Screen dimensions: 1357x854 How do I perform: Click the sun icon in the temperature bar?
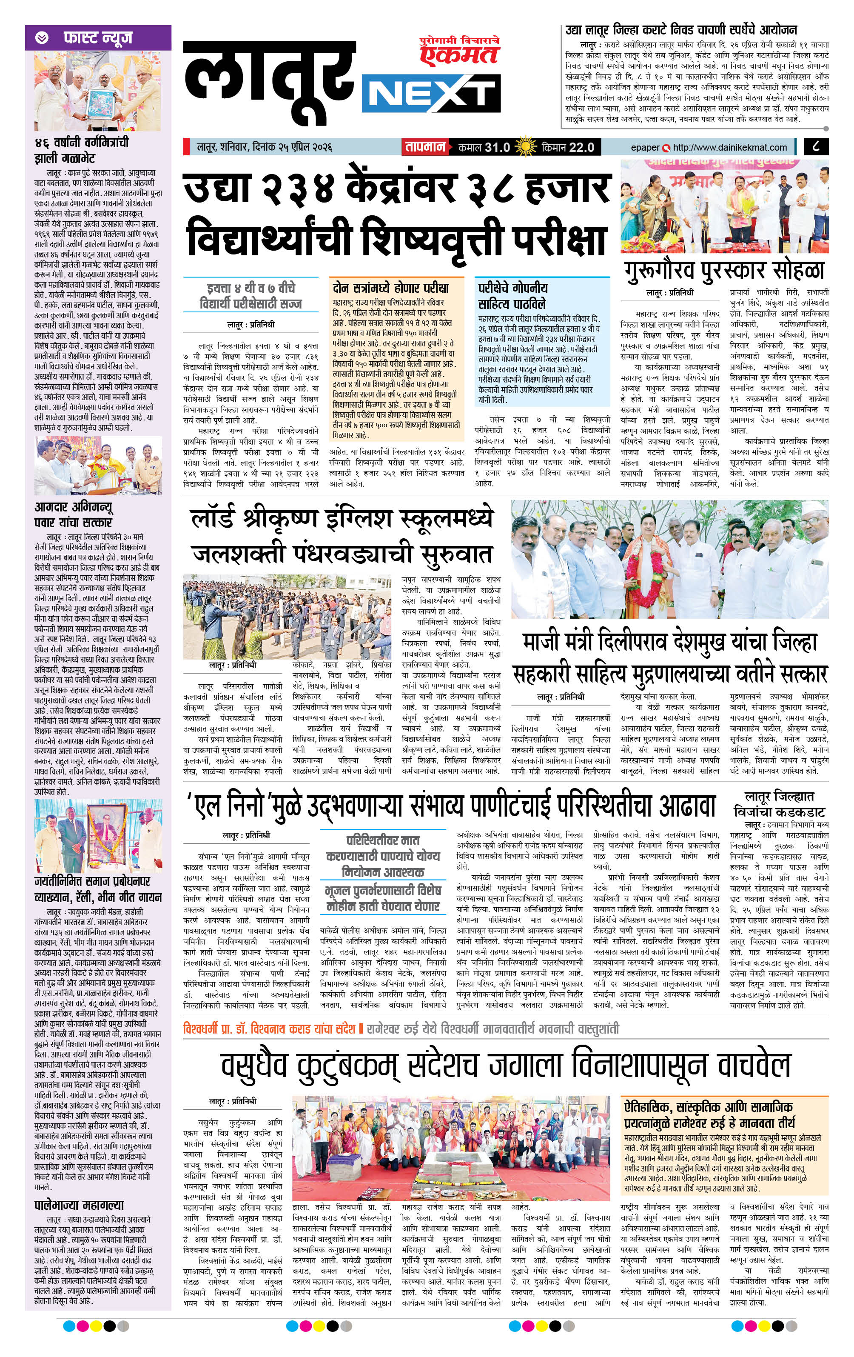pyautogui.click(x=526, y=147)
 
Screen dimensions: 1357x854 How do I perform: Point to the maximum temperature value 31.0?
pyautogui.click(x=498, y=147)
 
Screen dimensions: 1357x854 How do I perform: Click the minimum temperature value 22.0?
pyautogui.click(x=581, y=147)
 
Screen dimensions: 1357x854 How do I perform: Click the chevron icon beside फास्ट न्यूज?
pyautogui.click(x=41, y=38)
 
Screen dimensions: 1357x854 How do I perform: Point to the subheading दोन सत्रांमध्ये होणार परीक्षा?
pyautogui.click(x=390, y=288)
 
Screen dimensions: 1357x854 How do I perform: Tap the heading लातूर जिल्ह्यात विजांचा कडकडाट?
pyautogui.click(x=779, y=804)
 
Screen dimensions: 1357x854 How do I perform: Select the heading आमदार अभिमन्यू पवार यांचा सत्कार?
pyautogui.click(x=73, y=514)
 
